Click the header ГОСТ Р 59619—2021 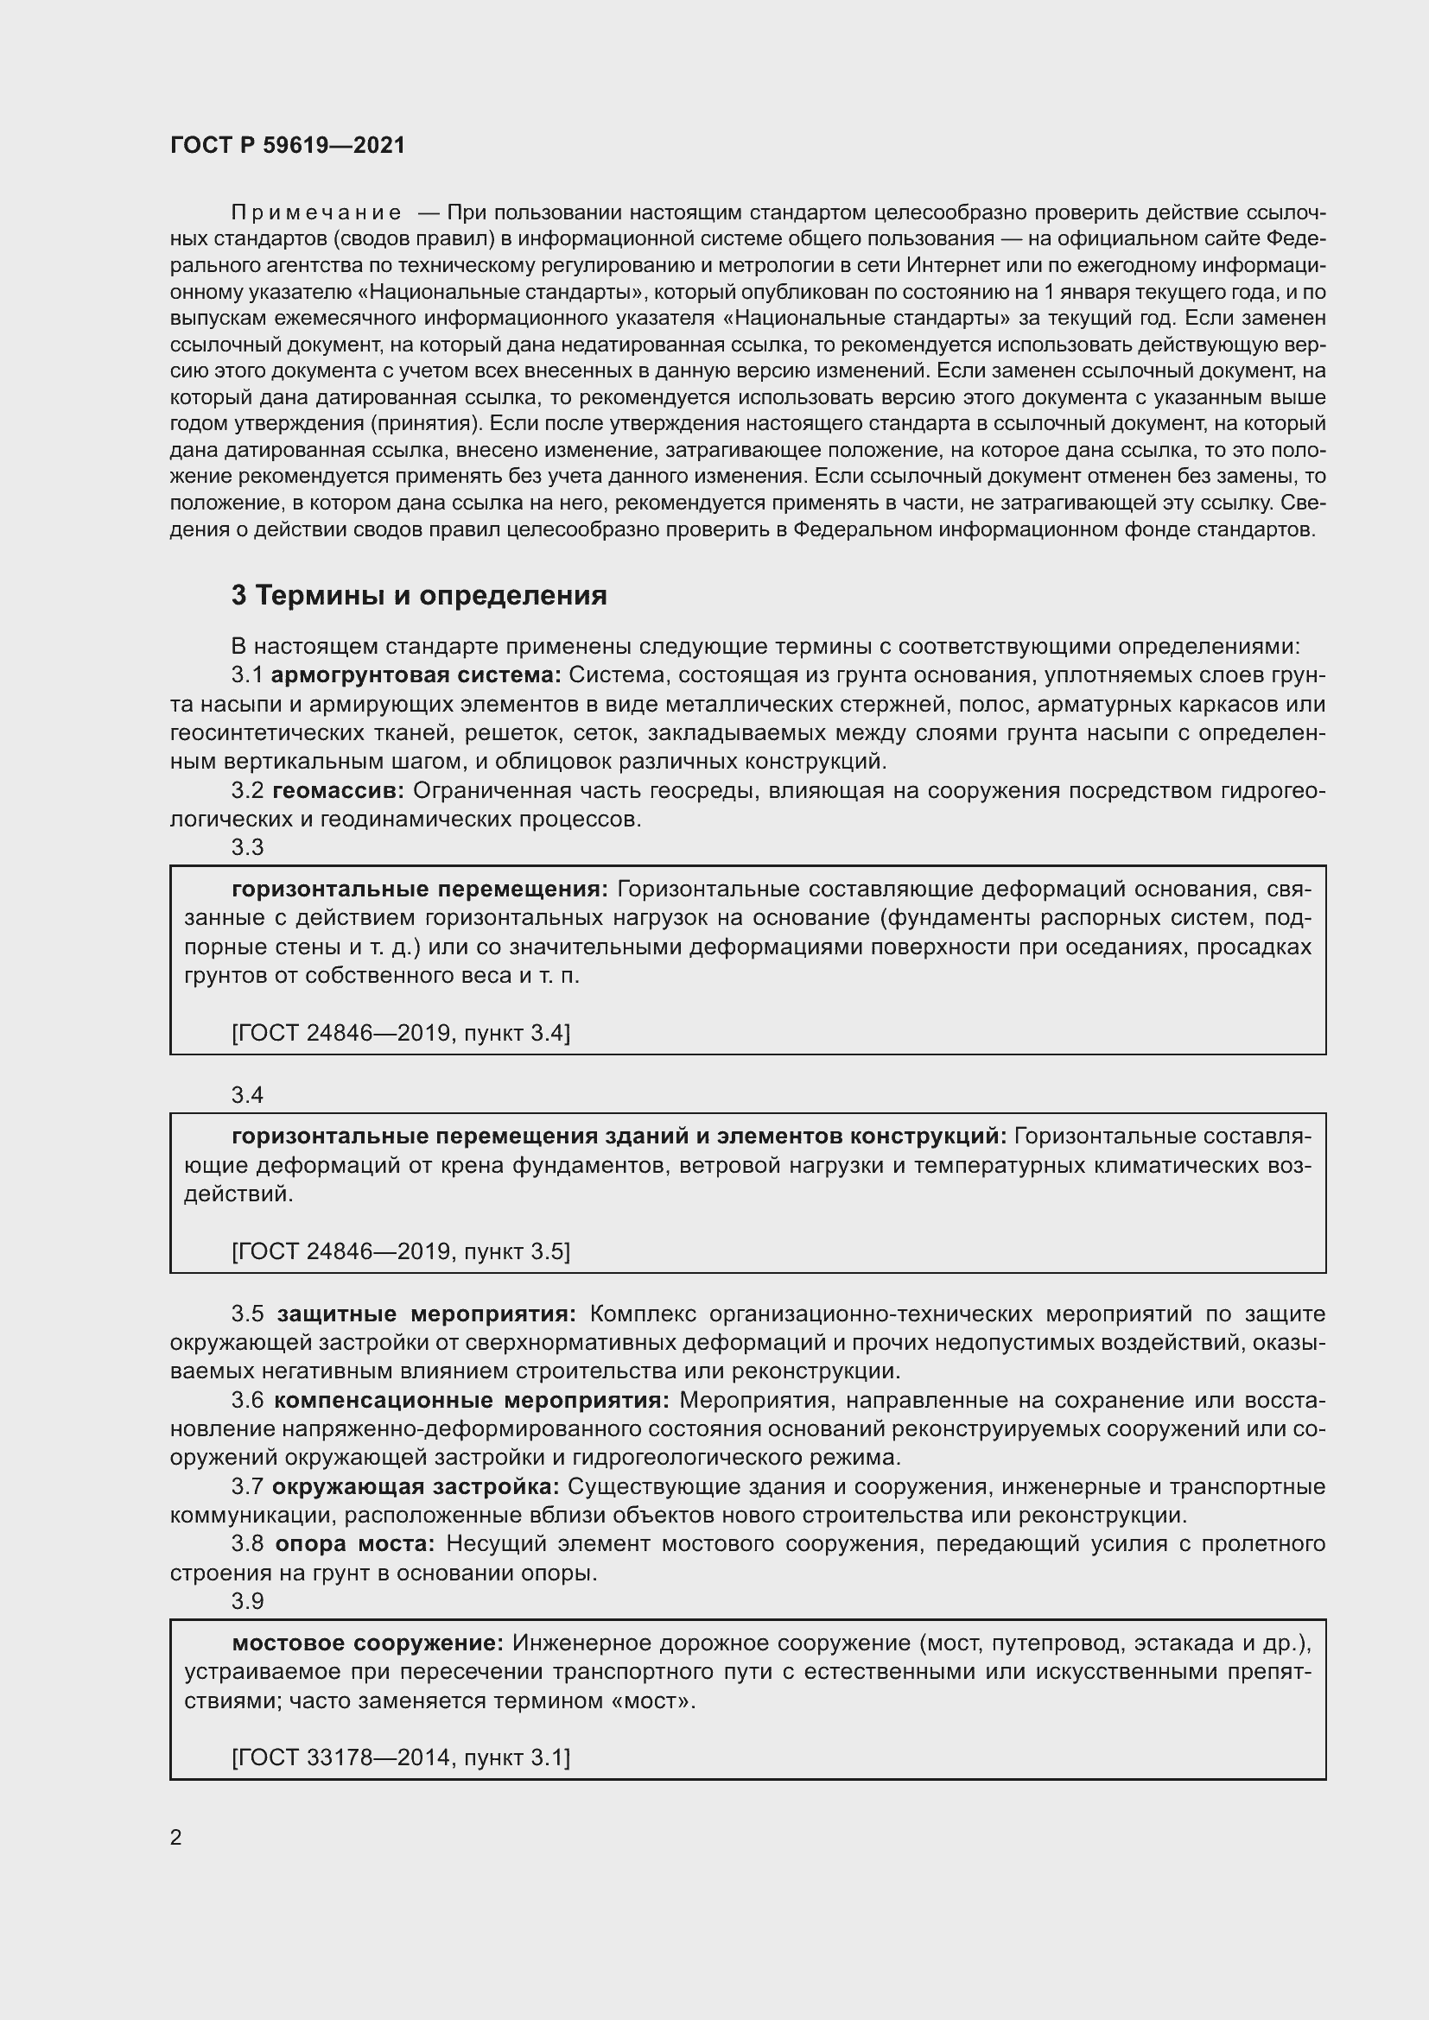click(x=287, y=145)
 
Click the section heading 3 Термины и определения click(x=419, y=596)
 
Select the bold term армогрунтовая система click(x=416, y=674)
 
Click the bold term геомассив click(x=338, y=791)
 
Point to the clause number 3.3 click(x=247, y=847)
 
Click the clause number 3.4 click(x=247, y=1094)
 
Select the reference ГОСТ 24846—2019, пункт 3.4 click(x=400, y=1033)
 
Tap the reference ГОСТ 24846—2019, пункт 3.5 click(x=400, y=1251)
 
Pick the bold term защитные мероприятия click(x=426, y=1314)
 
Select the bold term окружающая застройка click(x=416, y=1487)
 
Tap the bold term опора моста click(x=354, y=1544)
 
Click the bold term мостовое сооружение click(x=367, y=1643)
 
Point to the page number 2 click(x=176, y=1837)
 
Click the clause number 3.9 click(x=247, y=1601)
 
